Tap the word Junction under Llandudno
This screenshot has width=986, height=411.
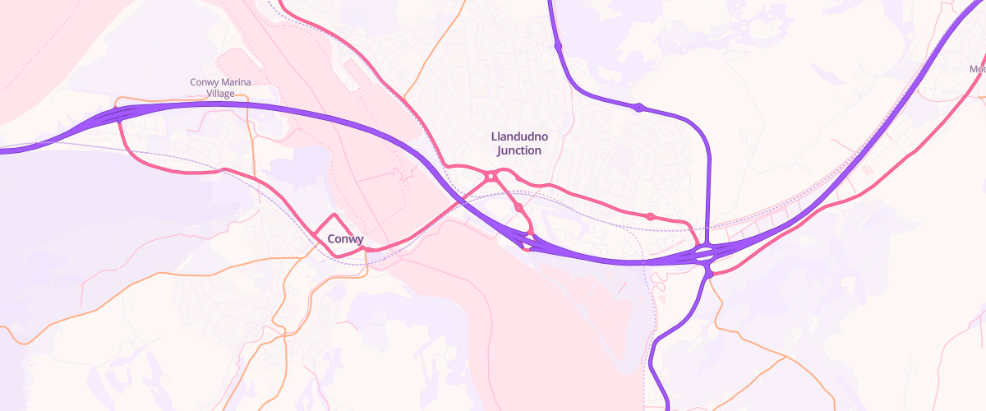click(x=519, y=150)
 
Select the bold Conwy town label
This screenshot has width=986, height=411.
click(x=345, y=239)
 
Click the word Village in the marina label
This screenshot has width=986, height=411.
click(x=220, y=94)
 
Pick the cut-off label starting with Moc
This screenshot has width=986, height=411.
click(x=977, y=70)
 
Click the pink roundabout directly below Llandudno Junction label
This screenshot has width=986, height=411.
click(x=490, y=176)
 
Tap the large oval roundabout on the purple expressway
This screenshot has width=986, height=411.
click(x=704, y=254)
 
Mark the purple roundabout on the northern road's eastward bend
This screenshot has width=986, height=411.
click(x=638, y=107)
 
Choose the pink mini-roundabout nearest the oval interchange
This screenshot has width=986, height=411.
click(x=650, y=216)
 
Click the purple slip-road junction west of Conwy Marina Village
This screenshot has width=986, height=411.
click(x=118, y=114)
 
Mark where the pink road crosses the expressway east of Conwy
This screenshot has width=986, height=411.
click(x=460, y=197)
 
